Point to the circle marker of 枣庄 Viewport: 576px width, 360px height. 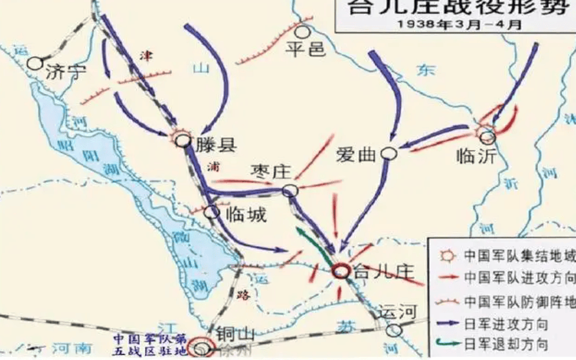291,191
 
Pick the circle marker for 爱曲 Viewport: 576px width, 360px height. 389,153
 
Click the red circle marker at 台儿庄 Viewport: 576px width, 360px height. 341,271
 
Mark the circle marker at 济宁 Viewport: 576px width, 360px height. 35,63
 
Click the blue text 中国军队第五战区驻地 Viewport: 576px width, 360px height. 150,344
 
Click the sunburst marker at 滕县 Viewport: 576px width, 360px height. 183,139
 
